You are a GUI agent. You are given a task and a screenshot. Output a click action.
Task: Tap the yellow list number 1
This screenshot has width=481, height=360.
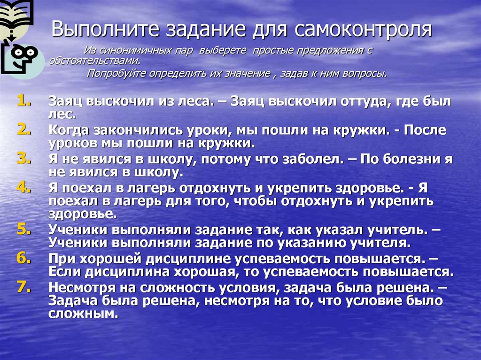point(24,99)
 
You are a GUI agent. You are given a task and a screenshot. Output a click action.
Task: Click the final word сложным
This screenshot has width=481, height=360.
point(82,314)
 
